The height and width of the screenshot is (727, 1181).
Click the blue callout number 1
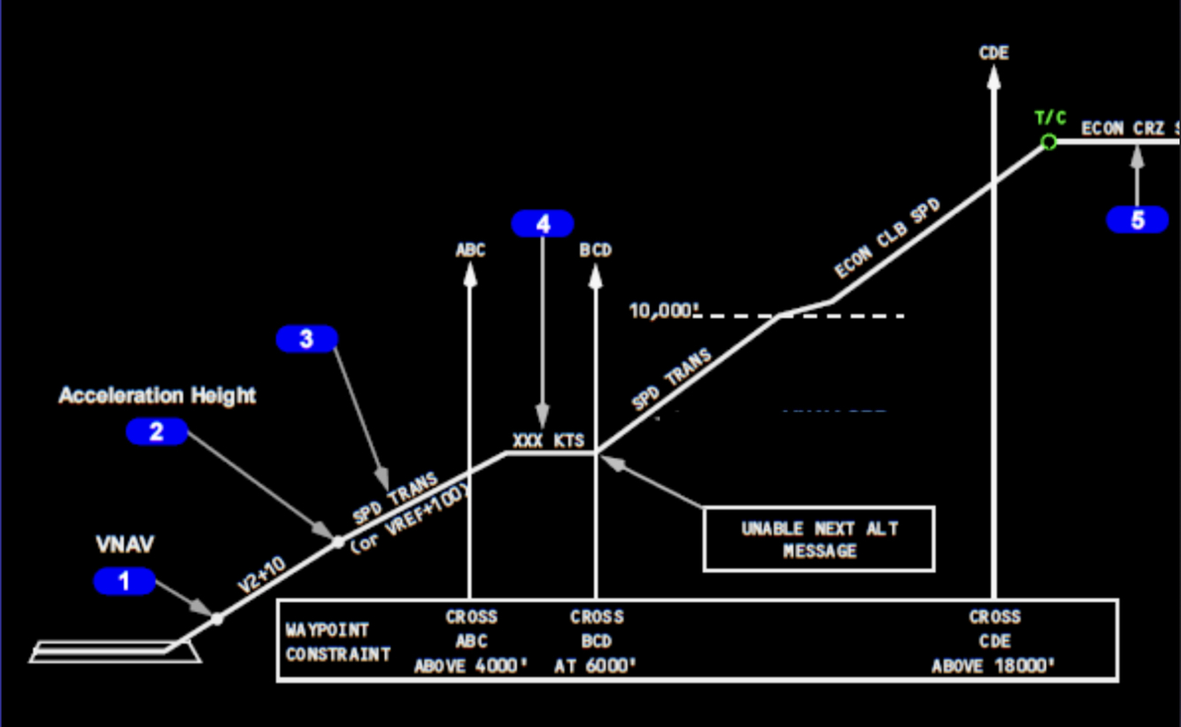[x=124, y=582]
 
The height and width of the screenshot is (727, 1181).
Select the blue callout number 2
[x=157, y=432]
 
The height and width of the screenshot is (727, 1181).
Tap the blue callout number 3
[x=306, y=339]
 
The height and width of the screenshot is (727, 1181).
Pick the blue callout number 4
[x=543, y=224]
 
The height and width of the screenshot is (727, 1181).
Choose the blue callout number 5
[x=1138, y=220]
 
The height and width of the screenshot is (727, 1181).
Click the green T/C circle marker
[x=1049, y=142]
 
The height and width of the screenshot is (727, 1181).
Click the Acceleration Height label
[x=158, y=396]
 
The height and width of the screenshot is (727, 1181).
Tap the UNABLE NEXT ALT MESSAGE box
[x=819, y=539]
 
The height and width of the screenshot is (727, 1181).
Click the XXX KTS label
[x=549, y=440]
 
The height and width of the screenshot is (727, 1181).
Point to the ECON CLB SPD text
[x=887, y=239]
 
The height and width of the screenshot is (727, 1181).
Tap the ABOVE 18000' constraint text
[x=993, y=666]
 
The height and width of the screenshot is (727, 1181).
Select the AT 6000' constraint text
[x=596, y=666]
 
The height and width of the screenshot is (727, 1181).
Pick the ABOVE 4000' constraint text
[x=471, y=666]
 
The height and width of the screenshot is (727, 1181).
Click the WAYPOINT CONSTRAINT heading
[x=338, y=643]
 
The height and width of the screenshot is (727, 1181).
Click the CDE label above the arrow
[x=993, y=53]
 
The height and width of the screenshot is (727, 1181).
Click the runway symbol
[x=115, y=654]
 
